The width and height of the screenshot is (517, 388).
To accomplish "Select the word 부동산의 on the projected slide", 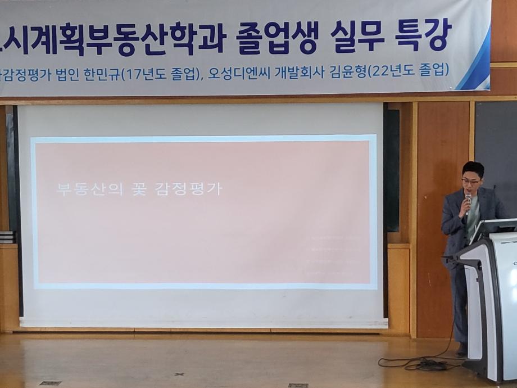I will tap(80, 188).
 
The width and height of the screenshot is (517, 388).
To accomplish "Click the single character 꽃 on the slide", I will tap(131, 188).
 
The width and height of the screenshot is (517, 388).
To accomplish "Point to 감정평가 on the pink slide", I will tap(188, 188).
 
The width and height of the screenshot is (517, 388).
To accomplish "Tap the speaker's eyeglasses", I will tap(471, 182).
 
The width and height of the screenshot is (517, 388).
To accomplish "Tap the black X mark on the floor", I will tap(179, 373).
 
